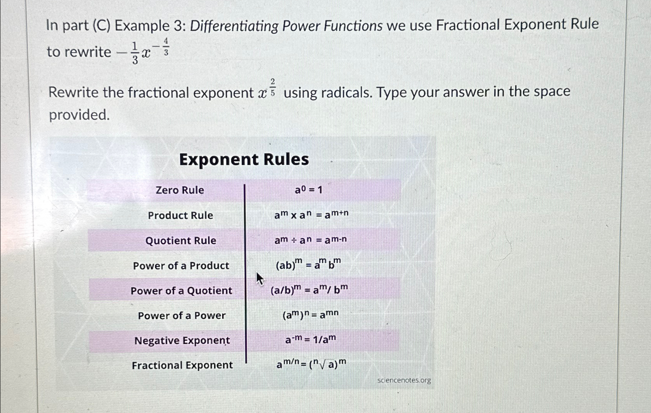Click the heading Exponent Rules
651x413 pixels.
point(244,159)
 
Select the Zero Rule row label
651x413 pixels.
point(180,190)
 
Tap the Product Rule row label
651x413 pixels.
point(180,215)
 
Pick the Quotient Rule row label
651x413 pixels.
point(181,240)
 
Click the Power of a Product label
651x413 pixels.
point(181,266)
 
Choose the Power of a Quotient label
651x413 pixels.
point(181,291)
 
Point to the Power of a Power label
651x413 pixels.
point(182,315)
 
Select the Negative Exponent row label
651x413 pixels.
point(182,341)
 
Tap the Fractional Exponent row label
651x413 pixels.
point(182,365)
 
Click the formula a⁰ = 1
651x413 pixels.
point(308,190)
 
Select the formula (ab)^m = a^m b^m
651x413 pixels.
point(308,265)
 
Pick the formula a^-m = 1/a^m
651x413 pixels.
point(311,340)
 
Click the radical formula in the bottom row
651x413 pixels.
point(311,364)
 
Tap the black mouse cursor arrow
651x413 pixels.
point(259,278)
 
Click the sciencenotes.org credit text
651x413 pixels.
point(404,380)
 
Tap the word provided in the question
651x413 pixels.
point(79,115)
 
